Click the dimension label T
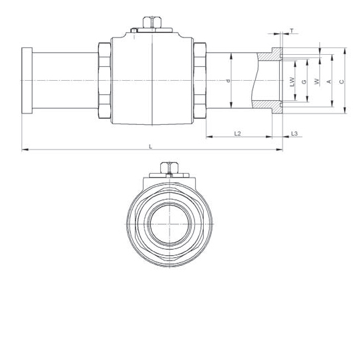coord(292,31)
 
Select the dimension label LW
coord(292,81)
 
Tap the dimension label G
coord(304,81)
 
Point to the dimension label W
coord(317,81)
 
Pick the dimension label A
coord(329,81)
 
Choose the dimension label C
coord(342,81)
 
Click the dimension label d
coord(228,81)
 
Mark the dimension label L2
coord(237,134)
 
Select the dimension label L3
coord(295,134)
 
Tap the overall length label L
coord(151,146)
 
